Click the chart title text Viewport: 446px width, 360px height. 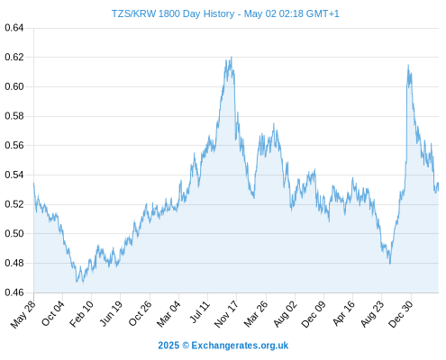pyautogui.click(x=225, y=13)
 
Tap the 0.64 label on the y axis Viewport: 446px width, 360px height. pyautogui.click(x=14, y=28)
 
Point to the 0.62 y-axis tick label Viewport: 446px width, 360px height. pyautogui.click(x=14, y=57)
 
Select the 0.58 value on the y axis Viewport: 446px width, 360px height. pyautogui.click(x=14, y=116)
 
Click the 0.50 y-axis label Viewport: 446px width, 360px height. pyautogui.click(x=14, y=233)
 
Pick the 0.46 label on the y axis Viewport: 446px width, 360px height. pyautogui.click(x=14, y=292)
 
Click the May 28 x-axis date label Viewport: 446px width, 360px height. pyautogui.click(x=23, y=314)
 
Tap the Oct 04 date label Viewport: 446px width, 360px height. pyautogui.click(x=52, y=314)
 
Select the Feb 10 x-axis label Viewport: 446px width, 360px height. pyautogui.click(x=81, y=314)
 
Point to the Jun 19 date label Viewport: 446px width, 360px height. pyautogui.click(x=111, y=314)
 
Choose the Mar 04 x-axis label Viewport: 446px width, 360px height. pyautogui.click(x=168, y=314)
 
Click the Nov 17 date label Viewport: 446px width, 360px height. pyautogui.click(x=226, y=314)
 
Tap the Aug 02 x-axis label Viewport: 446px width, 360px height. pyautogui.click(x=285, y=314)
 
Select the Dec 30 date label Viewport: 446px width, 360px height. pyautogui.click(x=401, y=314)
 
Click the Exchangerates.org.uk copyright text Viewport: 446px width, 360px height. pyautogui.click(x=223, y=346)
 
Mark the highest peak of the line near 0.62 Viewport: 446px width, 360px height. pyautogui.click(x=232, y=57)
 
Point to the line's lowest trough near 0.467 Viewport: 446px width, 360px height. pyautogui.click(x=83, y=283)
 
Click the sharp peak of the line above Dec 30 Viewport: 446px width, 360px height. pyautogui.click(x=408, y=65)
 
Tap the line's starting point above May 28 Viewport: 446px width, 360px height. pyautogui.click(x=33, y=183)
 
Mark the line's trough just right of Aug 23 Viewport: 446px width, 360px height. pyautogui.click(x=390, y=264)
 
